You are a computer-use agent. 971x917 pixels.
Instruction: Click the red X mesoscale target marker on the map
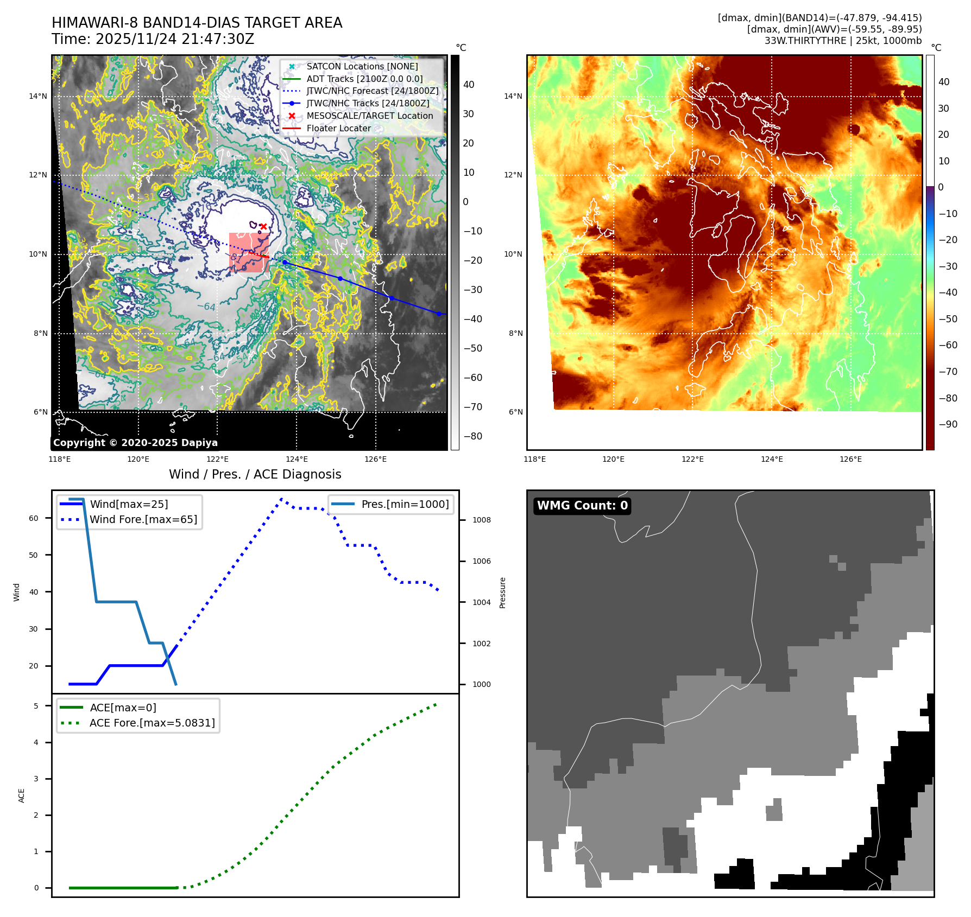263,226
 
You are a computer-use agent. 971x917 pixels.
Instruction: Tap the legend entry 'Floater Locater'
338,129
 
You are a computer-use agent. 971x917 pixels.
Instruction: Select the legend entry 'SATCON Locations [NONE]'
362,66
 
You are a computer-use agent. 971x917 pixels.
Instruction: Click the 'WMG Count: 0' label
582,506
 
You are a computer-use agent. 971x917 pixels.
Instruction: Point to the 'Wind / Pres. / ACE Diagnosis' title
255,474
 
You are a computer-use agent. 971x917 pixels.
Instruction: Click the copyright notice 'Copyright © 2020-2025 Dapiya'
135,443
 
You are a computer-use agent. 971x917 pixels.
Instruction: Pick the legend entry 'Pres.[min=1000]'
405,504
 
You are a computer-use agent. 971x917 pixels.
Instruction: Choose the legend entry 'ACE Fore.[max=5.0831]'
152,723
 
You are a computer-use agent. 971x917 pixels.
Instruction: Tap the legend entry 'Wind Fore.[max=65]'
143,519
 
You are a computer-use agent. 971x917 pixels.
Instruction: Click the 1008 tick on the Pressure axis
481,520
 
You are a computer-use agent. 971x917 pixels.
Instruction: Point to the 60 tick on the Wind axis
34,518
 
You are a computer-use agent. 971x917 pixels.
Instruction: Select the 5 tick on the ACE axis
36,706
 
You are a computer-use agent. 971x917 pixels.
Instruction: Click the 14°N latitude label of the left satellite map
38,97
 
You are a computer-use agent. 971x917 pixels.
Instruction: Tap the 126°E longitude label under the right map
850,459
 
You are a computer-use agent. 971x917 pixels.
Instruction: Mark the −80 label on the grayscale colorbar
472,436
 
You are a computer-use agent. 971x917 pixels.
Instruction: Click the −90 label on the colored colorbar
948,424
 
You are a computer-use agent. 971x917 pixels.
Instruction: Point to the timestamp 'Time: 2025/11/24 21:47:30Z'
153,39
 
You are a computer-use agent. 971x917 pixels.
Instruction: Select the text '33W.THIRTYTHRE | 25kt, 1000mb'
843,41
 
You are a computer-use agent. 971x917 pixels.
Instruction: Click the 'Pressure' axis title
502,593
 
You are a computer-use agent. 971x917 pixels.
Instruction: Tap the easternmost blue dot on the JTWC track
439,314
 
